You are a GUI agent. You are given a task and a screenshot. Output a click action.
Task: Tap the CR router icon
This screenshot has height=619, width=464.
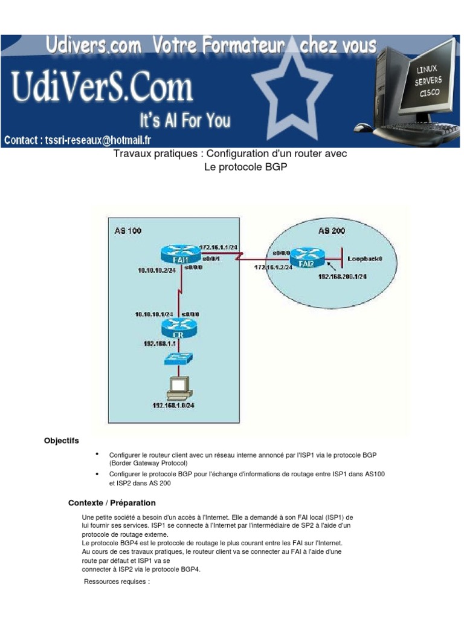(179, 328)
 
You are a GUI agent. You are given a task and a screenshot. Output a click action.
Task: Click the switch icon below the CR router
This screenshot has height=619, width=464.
(179, 358)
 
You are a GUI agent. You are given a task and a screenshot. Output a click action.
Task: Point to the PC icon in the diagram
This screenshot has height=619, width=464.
(178, 386)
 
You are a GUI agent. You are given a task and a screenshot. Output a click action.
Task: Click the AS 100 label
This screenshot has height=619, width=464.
(128, 231)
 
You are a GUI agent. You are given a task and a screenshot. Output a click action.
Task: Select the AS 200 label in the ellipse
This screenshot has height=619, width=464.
(332, 231)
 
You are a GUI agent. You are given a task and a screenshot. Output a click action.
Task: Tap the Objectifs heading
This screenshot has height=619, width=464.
(62, 441)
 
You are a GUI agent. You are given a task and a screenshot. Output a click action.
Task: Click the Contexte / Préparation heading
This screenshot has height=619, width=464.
(112, 503)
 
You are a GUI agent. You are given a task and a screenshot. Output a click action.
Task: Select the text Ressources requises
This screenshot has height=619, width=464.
(117, 582)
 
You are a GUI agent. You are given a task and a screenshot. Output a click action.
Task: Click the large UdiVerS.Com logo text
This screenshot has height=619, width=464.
(102, 88)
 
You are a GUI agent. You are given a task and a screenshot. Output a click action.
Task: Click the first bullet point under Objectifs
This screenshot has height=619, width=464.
(97, 454)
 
